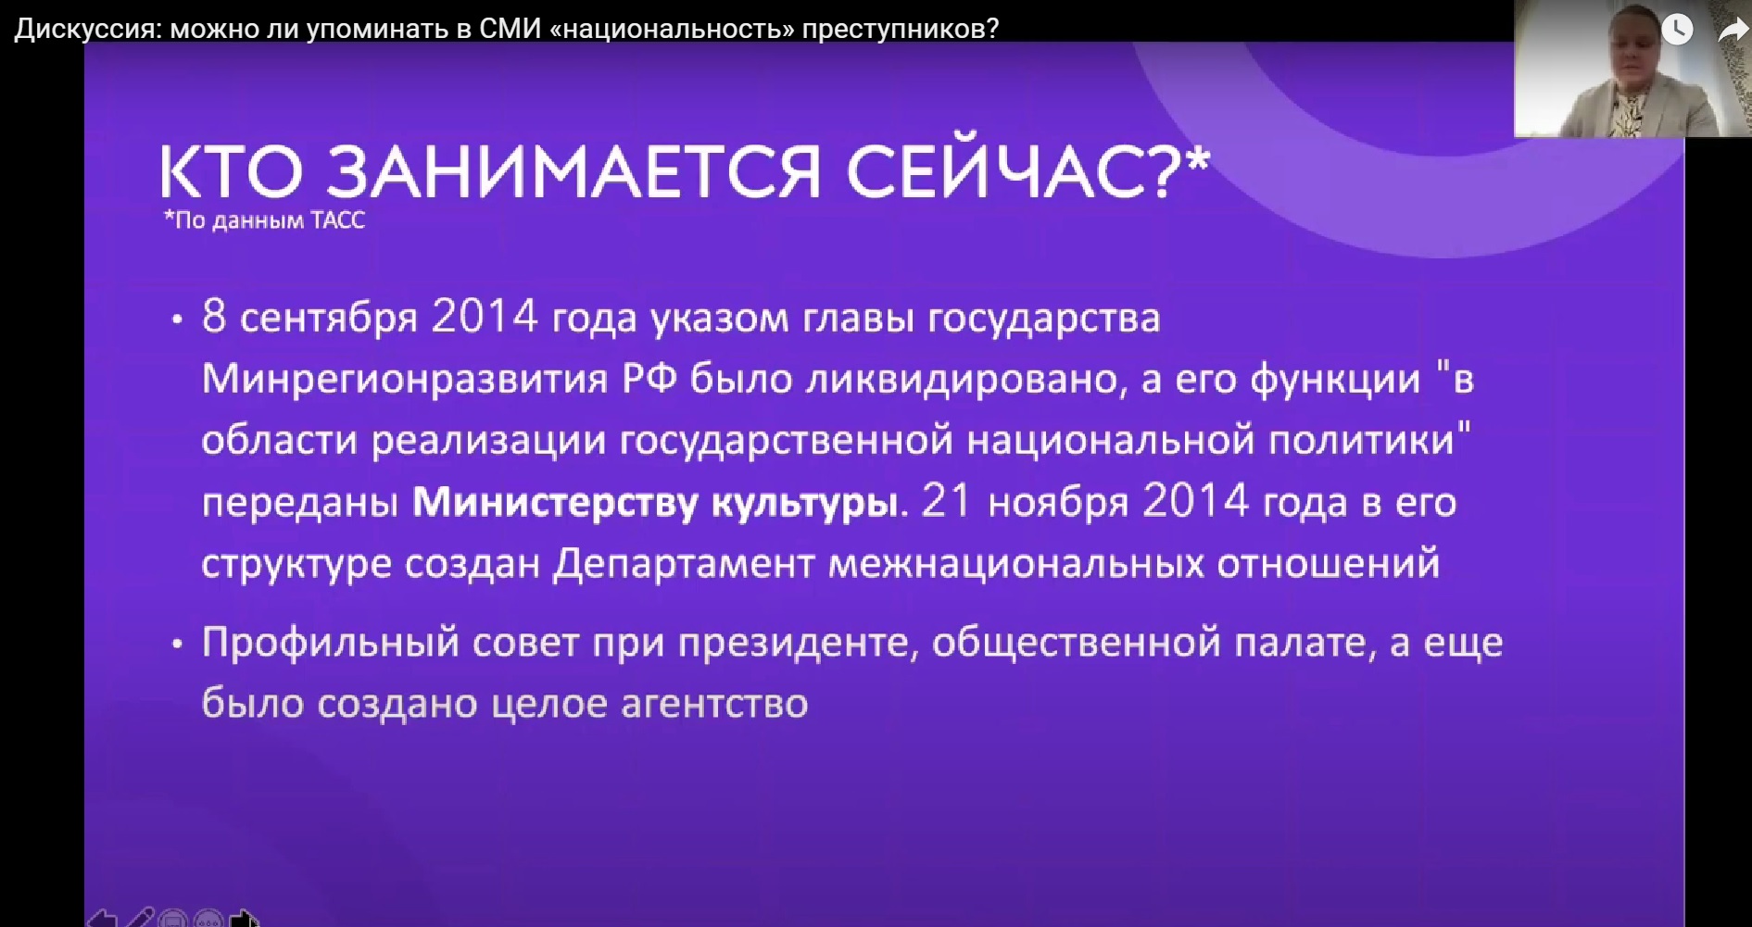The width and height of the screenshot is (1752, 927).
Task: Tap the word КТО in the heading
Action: [232, 172]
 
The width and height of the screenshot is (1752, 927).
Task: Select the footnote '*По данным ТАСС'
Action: [264, 220]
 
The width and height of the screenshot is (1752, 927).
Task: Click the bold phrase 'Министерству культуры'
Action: [655, 503]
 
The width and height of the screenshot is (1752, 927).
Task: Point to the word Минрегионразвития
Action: [405, 380]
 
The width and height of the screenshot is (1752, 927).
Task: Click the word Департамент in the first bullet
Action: [684, 564]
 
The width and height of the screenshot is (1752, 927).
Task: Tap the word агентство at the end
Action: [714, 705]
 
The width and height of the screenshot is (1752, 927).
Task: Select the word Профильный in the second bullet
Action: [331, 643]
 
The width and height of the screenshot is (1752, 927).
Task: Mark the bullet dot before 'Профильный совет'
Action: [177, 645]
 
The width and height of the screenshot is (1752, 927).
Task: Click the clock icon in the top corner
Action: [1677, 29]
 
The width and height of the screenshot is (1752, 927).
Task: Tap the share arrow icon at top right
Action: [1733, 30]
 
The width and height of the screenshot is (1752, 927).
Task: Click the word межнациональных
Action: [1015, 564]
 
